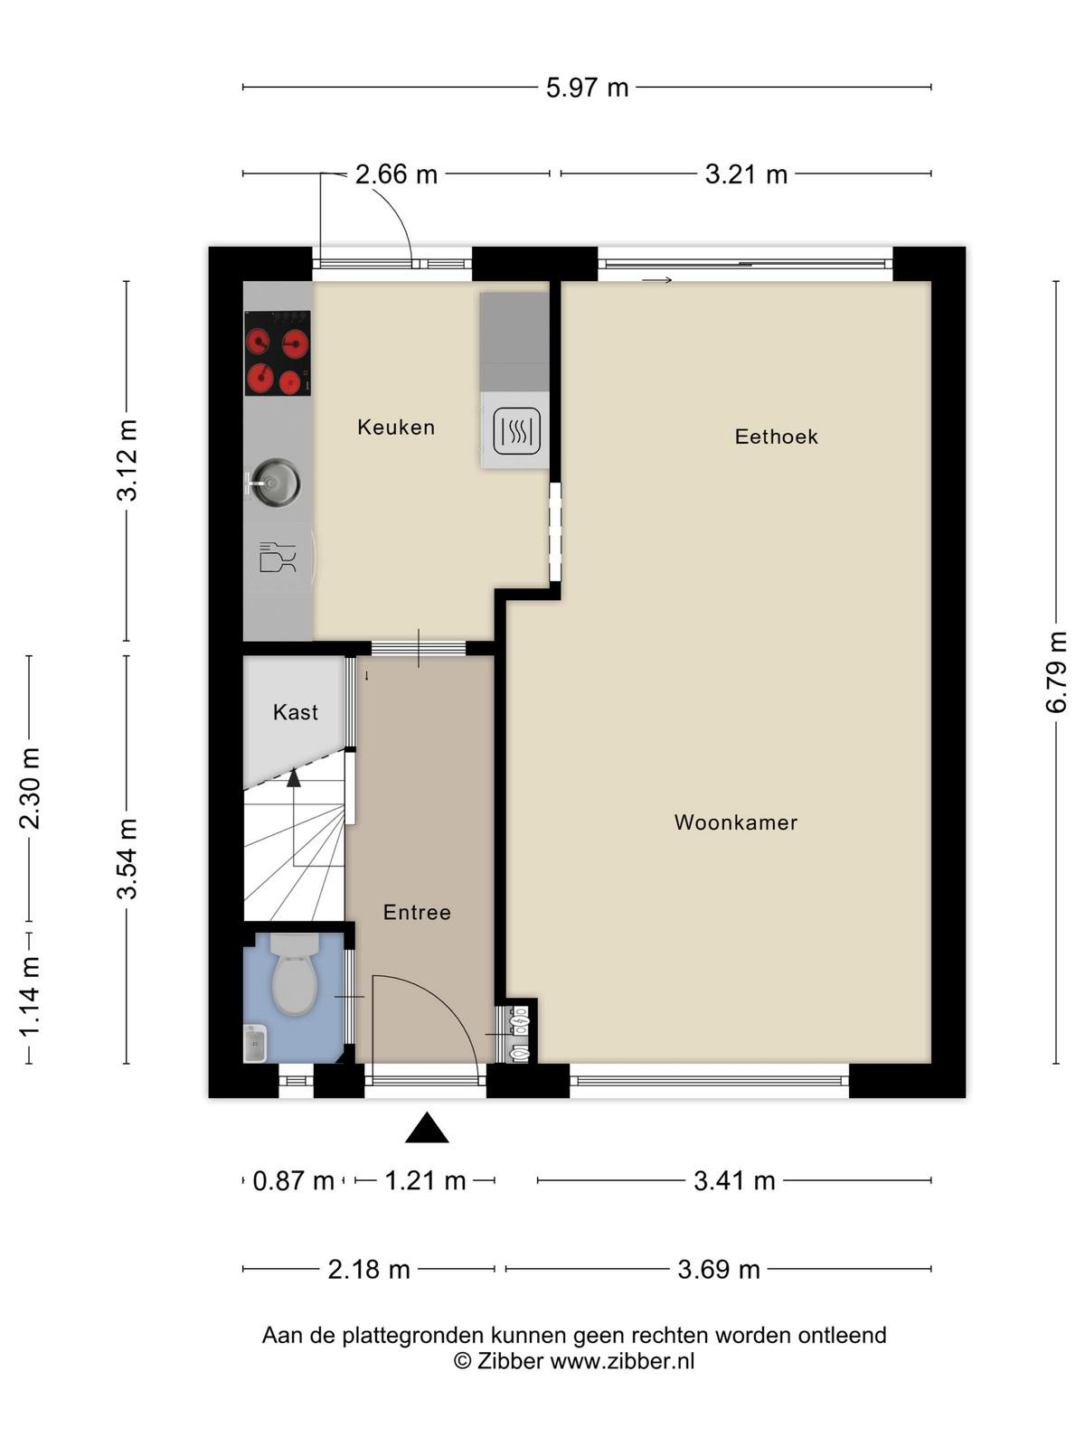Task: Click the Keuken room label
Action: click(x=396, y=427)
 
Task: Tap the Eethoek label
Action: click(x=776, y=437)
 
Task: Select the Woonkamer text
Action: click(x=736, y=822)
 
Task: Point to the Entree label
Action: click(x=417, y=912)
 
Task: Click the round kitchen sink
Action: click(x=275, y=483)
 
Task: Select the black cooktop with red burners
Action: click(x=278, y=353)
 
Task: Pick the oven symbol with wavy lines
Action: click(x=517, y=431)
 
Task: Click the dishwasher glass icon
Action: click(x=278, y=558)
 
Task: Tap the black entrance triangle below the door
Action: click(x=427, y=1127)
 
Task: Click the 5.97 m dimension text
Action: click(x=587, y=88)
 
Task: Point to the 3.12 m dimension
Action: click(x=127, y=460)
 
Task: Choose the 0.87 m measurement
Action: click(x=293, y=1180)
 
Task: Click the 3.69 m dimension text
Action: click(x=719, y=1269)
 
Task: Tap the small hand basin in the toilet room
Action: click(x=255, y=1044)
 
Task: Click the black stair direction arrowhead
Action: click(x=294, y=778)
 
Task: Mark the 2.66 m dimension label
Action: click(x=396, y=174)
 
